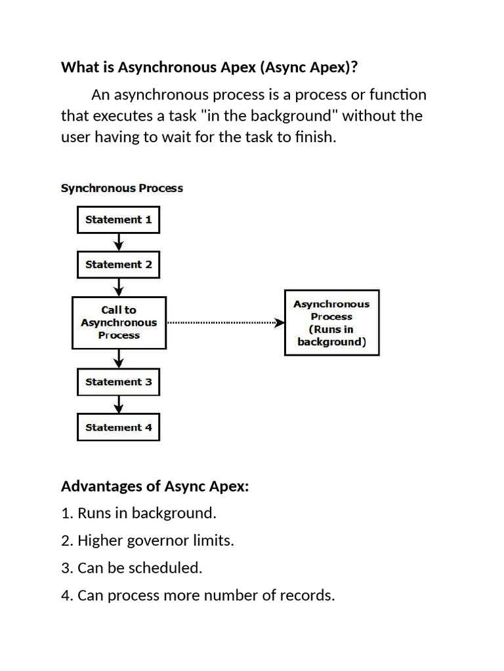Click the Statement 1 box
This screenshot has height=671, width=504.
tap(118, 220)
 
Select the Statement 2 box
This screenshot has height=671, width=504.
tap(118, 265)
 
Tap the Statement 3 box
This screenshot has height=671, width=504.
tap(118, 382)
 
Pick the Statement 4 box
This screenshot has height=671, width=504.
tap(118, 427)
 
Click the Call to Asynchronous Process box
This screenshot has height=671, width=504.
tap(119, 322)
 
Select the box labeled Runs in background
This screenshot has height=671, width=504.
tap(331, 323)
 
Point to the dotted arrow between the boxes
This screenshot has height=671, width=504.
tap(225, 322)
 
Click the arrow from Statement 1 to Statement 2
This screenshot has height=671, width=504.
tap(118, 242)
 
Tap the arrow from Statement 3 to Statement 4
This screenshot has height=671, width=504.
tap(118, 404)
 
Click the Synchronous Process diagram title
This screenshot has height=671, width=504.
tap(122, 188)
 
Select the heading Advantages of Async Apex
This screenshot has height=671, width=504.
tap(155, 487)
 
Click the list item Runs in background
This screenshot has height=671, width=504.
tap(138, 513)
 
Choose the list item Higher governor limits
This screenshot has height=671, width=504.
tap(148, 541)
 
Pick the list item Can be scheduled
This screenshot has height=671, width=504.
tap(132, 568)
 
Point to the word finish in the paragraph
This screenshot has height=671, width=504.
tap(314, 138)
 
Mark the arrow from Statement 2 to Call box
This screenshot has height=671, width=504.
tap(118, 287)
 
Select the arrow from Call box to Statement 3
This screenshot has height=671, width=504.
tap(118, 358)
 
